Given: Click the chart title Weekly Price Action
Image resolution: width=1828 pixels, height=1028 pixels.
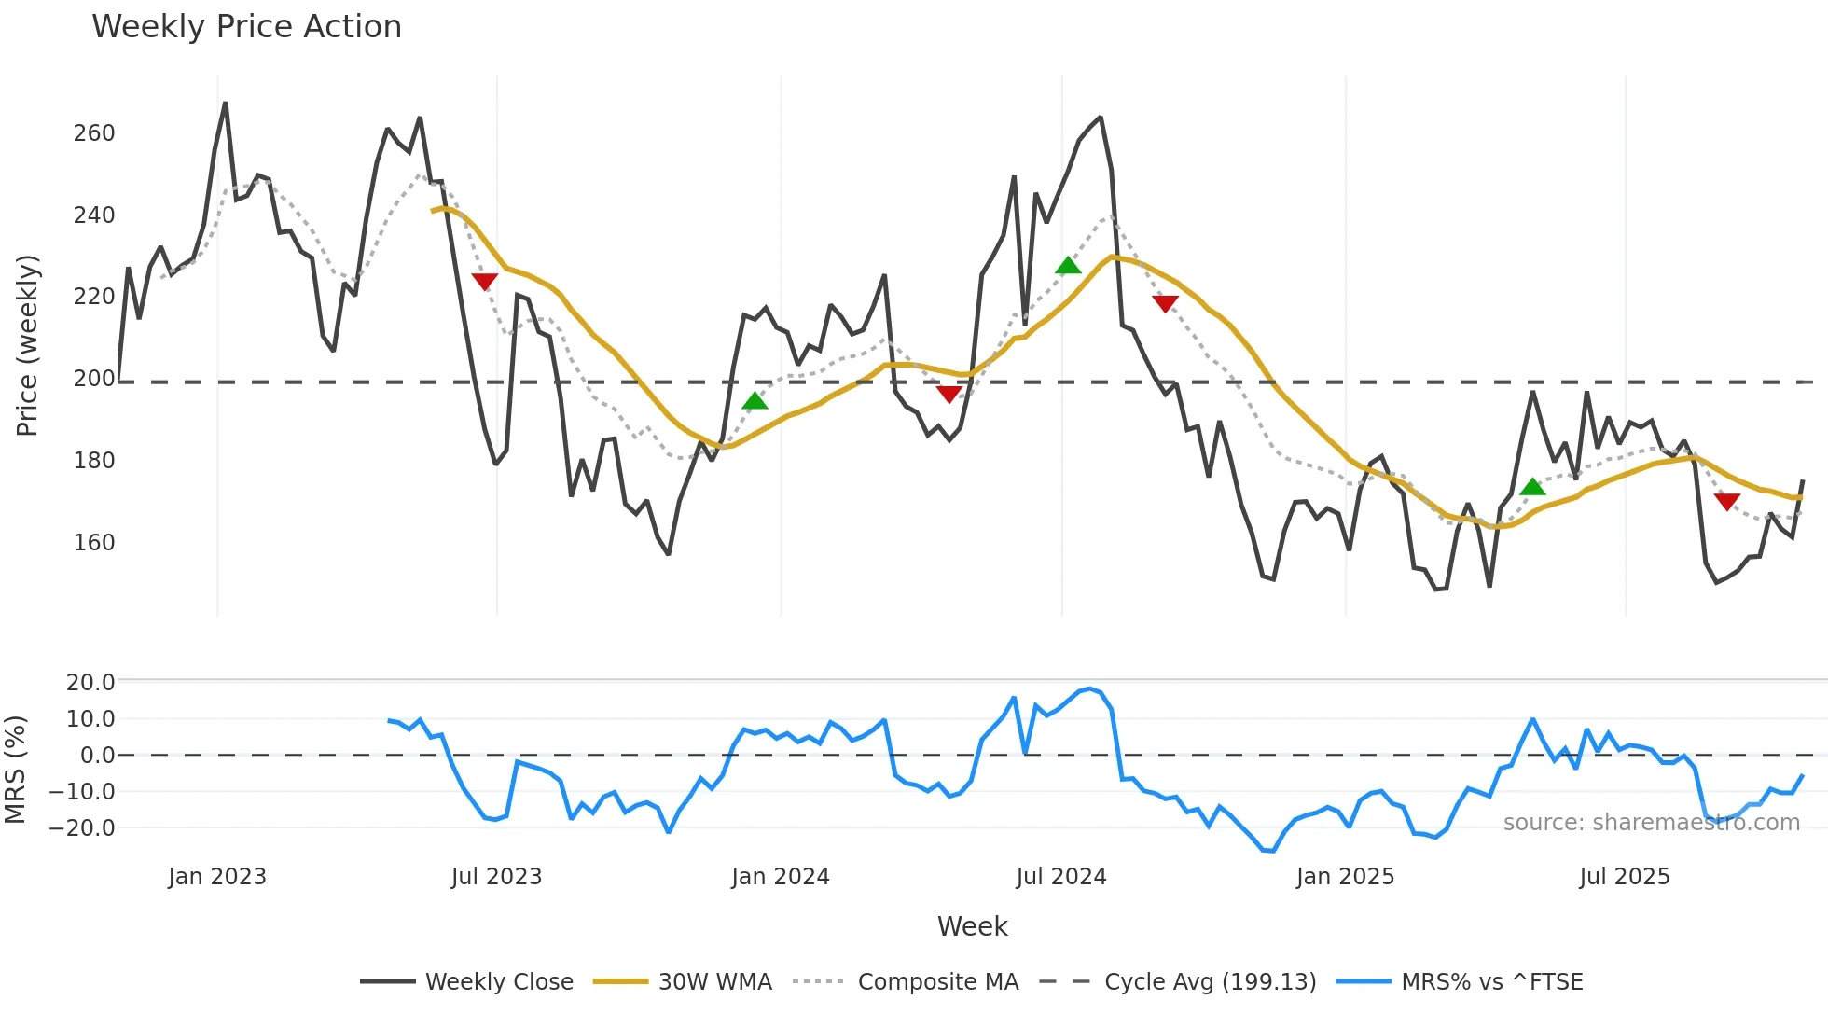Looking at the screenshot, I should click(246, 27).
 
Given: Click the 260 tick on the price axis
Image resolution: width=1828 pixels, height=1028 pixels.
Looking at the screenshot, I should click(94, 133).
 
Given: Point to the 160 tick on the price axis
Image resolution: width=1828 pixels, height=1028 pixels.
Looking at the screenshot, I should click(94, 542).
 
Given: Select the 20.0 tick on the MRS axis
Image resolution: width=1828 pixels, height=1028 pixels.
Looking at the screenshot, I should click(90, 682).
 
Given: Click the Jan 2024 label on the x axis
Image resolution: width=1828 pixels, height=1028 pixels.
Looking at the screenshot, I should click(780, 877).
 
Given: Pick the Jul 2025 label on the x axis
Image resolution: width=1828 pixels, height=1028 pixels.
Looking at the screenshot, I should click(1624, 877).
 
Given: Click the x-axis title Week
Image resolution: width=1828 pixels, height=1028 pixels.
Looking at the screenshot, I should click(972, 926).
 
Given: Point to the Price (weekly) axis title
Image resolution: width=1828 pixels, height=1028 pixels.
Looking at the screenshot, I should click(27, 345).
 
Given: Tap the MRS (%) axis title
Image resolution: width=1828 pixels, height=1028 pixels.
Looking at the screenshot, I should click(15, 770).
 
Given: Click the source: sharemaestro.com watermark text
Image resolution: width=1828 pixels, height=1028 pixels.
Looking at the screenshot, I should click(1651, 823).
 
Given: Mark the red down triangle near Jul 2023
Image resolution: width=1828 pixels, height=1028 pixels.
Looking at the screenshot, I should click(485, 282).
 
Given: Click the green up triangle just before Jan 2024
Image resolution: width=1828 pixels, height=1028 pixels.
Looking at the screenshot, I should click(755, 401).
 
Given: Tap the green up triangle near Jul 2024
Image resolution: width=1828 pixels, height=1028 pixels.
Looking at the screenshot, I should click(1068, 266).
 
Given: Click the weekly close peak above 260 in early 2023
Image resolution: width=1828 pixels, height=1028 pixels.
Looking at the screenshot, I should click(226, 104).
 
